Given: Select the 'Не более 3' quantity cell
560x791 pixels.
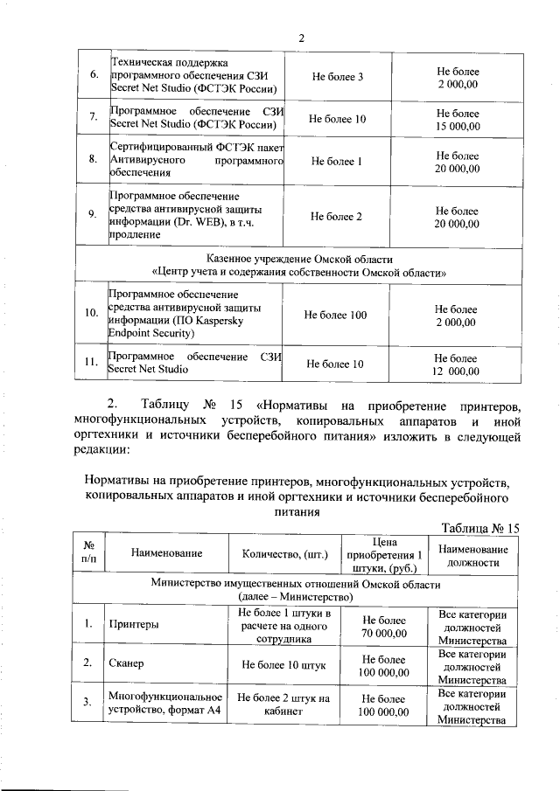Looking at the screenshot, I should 337,77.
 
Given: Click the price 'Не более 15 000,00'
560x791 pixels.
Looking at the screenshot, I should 458,120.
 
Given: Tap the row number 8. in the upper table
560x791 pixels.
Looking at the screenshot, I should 93,160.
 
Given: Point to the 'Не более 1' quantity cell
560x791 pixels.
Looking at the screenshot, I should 337,161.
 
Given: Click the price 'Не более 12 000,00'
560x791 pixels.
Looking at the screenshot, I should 456,364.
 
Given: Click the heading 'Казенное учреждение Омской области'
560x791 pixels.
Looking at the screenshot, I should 300,260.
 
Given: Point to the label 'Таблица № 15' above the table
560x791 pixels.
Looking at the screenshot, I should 481,529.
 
